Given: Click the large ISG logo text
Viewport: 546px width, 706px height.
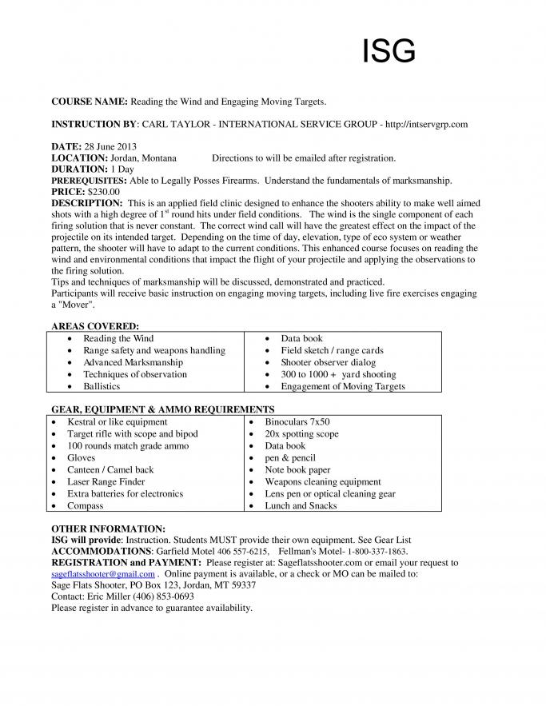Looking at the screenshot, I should click(x=389, y=51).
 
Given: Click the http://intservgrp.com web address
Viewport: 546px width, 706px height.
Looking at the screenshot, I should click(x=426, y=124).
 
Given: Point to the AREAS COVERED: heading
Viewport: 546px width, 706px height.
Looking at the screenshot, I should click(x=95, y=326).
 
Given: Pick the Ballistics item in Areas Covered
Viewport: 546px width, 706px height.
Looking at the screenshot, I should click(x=102, y=386).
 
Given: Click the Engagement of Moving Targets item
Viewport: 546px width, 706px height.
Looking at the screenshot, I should click(x=342, y=386).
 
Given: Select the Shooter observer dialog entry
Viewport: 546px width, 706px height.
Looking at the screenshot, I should click(x=329, y=362).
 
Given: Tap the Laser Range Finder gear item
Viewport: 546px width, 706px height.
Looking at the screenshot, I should click(x=106, y=481).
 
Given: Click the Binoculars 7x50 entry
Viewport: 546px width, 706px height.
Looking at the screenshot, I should click(x=297, y=421).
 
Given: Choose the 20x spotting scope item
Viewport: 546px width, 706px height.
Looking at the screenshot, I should click(x=301, y=433).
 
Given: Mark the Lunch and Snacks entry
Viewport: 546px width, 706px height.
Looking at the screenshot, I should click(x=301, y=505).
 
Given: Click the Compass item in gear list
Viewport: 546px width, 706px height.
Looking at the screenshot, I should click(x=86, y=505).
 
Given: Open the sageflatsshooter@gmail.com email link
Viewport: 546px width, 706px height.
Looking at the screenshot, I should click(x=102, y=574).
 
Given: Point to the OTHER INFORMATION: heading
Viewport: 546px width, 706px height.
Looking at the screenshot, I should click(x=108, y=529).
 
